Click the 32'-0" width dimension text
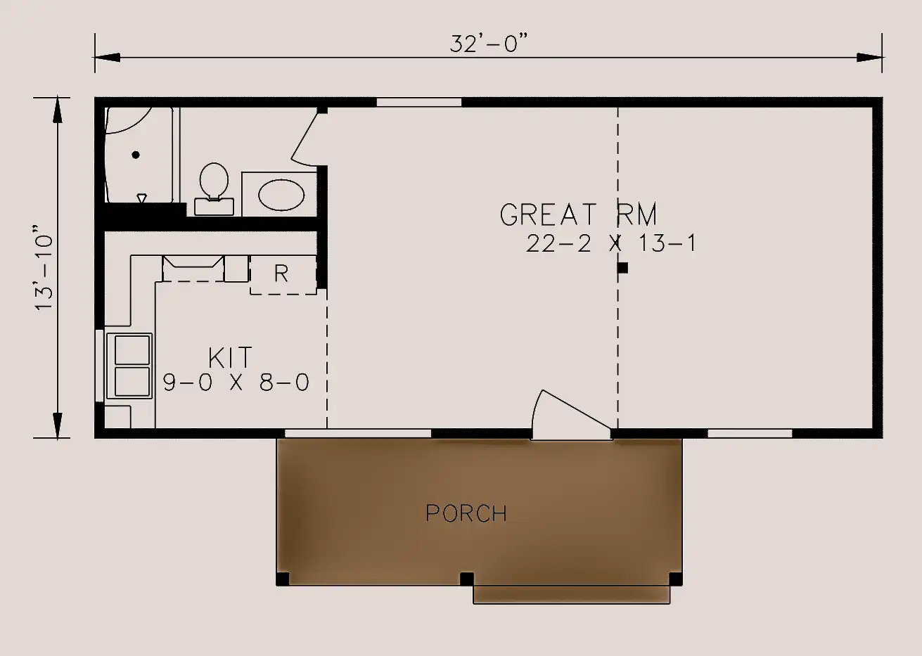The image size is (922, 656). pyautogui.click(x=489, y=44)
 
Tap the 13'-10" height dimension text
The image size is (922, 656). pyautogui.click(x=44, y=267)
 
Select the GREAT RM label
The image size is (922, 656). pyautogui.click(x=578, y=214)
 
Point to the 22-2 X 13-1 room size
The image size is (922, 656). pyautogui.click(x=610, y=243)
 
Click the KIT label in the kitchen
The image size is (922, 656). pyautogui.click(x=230, y=358)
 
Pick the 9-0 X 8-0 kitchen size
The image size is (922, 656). pyautogui.click(x=236, y=382)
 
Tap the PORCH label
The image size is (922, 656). pyautogui.click(x=466, y=513)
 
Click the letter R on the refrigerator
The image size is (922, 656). pyautogui.click(x=281, y=273)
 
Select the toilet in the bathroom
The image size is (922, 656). pyautogui.click(x=214, y=188)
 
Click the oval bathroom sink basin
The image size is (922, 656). pyautogui.click(x=281, y=195)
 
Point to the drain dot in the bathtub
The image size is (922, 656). pyautogui.click(x=136, y=155)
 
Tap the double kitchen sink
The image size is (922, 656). pyautogui.click(x=129, y=366)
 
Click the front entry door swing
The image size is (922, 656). pyautogui.click(x=571, y=414)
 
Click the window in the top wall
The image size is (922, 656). pyautogui.click(x=419, y=102)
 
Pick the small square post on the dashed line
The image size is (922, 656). pyautogui.click(x=623, y=268)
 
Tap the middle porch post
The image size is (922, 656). pyautogui.click(x=466, y=579)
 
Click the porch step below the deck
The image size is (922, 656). pyautogui.click(x=572, y=595)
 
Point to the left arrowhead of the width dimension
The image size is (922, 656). pyautogui.click(x=108, y=57)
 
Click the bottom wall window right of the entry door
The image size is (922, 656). pyautogui.click(x=750, y=433)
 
